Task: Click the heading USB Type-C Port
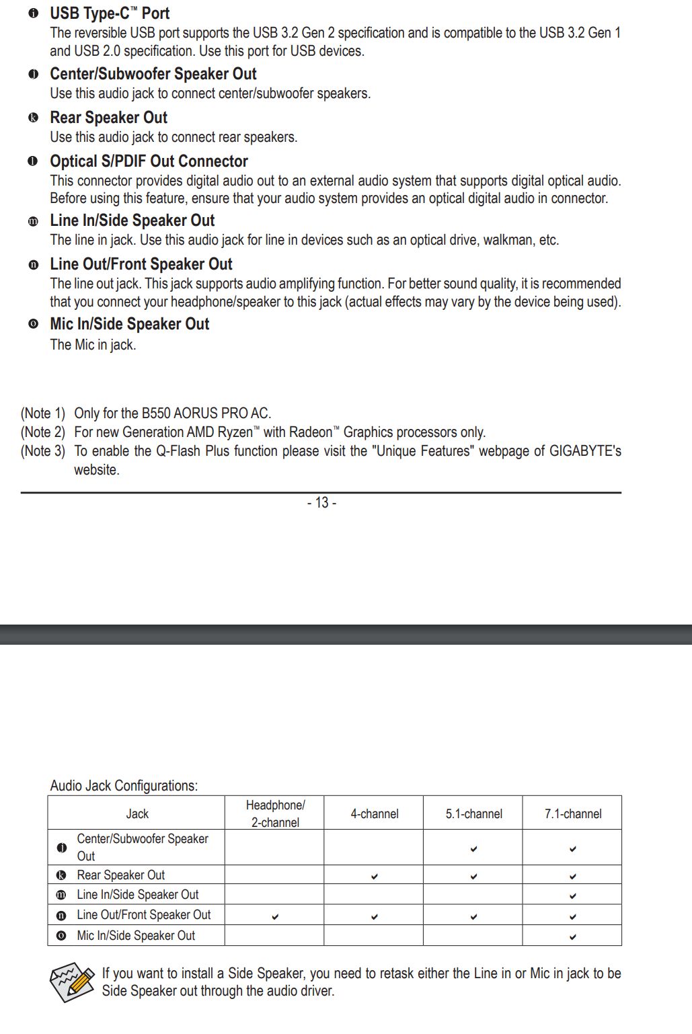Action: pos(110,13)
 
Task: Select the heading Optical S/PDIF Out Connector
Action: pos(149,161)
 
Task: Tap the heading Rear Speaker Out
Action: pos(108,118)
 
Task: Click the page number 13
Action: pos(321,503)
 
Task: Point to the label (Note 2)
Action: pos(43,432)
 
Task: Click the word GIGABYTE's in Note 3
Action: pos(585,451)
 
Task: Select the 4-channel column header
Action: pos(374,814)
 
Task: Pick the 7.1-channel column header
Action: pos(572,814)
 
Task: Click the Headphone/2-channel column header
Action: pos(275,813)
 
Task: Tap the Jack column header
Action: pos(137,814)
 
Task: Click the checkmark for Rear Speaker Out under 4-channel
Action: pos(374,877)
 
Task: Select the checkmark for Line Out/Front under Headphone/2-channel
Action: pos(275,916)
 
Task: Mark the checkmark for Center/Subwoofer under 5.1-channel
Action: pos(473,849)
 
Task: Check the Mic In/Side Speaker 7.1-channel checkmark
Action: pos(572,937)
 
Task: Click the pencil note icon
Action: pos(72,982)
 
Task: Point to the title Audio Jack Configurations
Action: pos(124,786)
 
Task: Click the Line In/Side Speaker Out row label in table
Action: pos(137,895)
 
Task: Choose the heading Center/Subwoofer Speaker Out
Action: pos(153,74)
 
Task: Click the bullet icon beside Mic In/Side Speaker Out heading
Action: pos(33,324)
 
